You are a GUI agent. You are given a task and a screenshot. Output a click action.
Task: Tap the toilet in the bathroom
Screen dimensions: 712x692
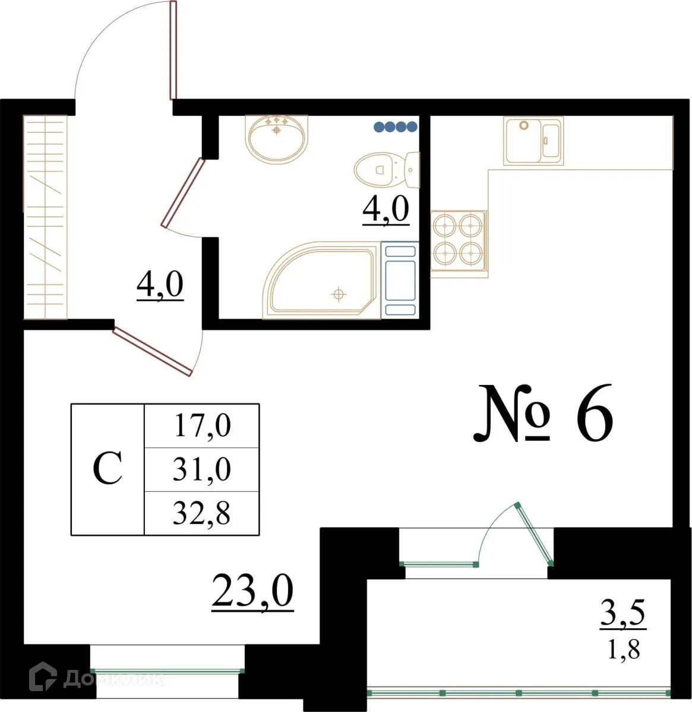[386, 169]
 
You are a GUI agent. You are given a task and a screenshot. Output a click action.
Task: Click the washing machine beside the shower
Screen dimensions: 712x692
[399, 279]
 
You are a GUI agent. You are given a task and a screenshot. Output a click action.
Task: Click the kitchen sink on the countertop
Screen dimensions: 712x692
[533, 140]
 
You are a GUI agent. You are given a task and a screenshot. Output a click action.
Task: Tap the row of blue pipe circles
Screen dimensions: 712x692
[395, 126]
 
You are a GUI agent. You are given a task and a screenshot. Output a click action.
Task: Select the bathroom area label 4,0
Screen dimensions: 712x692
[386, 211]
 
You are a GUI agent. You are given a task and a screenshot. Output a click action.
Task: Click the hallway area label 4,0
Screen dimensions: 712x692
[160, 286]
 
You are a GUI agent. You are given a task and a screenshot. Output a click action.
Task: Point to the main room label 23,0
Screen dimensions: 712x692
[252, 591]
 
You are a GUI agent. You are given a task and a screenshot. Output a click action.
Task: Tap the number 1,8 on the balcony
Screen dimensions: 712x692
[624, 650]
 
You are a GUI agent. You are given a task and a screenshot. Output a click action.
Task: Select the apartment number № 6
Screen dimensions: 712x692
[542, 414]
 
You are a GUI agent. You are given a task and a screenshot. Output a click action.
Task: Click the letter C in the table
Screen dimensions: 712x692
[108, 469]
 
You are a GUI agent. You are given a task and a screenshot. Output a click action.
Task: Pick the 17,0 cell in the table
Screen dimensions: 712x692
[202, 426]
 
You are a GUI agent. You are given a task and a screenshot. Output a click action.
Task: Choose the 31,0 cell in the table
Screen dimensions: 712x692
[202, 470]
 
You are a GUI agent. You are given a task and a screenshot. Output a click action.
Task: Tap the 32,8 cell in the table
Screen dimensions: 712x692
[202, 513]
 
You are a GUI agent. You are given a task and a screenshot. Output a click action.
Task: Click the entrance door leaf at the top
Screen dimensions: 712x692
[173, 50]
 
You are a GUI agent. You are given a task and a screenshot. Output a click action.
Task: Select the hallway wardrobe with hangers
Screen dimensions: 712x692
[45, 217]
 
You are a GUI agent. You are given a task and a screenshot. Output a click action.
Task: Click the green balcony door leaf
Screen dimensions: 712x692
[535, 534]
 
